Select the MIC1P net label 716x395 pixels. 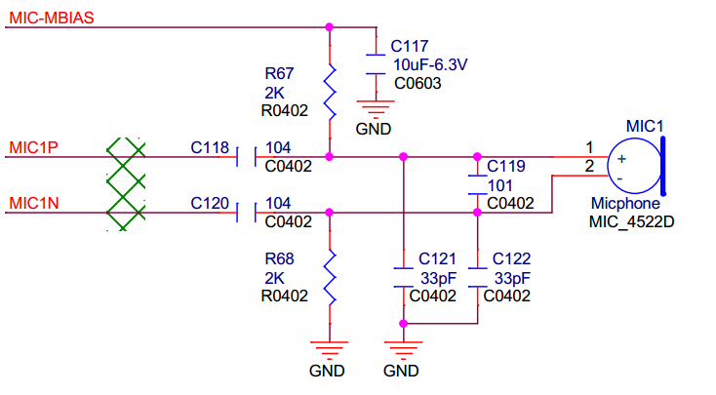click(34, 147)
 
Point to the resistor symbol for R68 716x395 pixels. click(330, 278)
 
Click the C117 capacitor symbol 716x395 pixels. click(376, 63)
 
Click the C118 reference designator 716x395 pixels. click(210, 148)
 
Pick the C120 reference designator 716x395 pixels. click(210, 204)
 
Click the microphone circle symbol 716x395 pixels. click(630, 167)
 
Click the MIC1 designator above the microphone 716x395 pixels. click(644, 126)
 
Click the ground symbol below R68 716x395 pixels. click(330, 347)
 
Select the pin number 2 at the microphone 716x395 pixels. click(588, 167)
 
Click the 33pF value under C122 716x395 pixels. click(511, 278)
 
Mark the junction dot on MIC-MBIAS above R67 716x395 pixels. click(330, 26)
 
